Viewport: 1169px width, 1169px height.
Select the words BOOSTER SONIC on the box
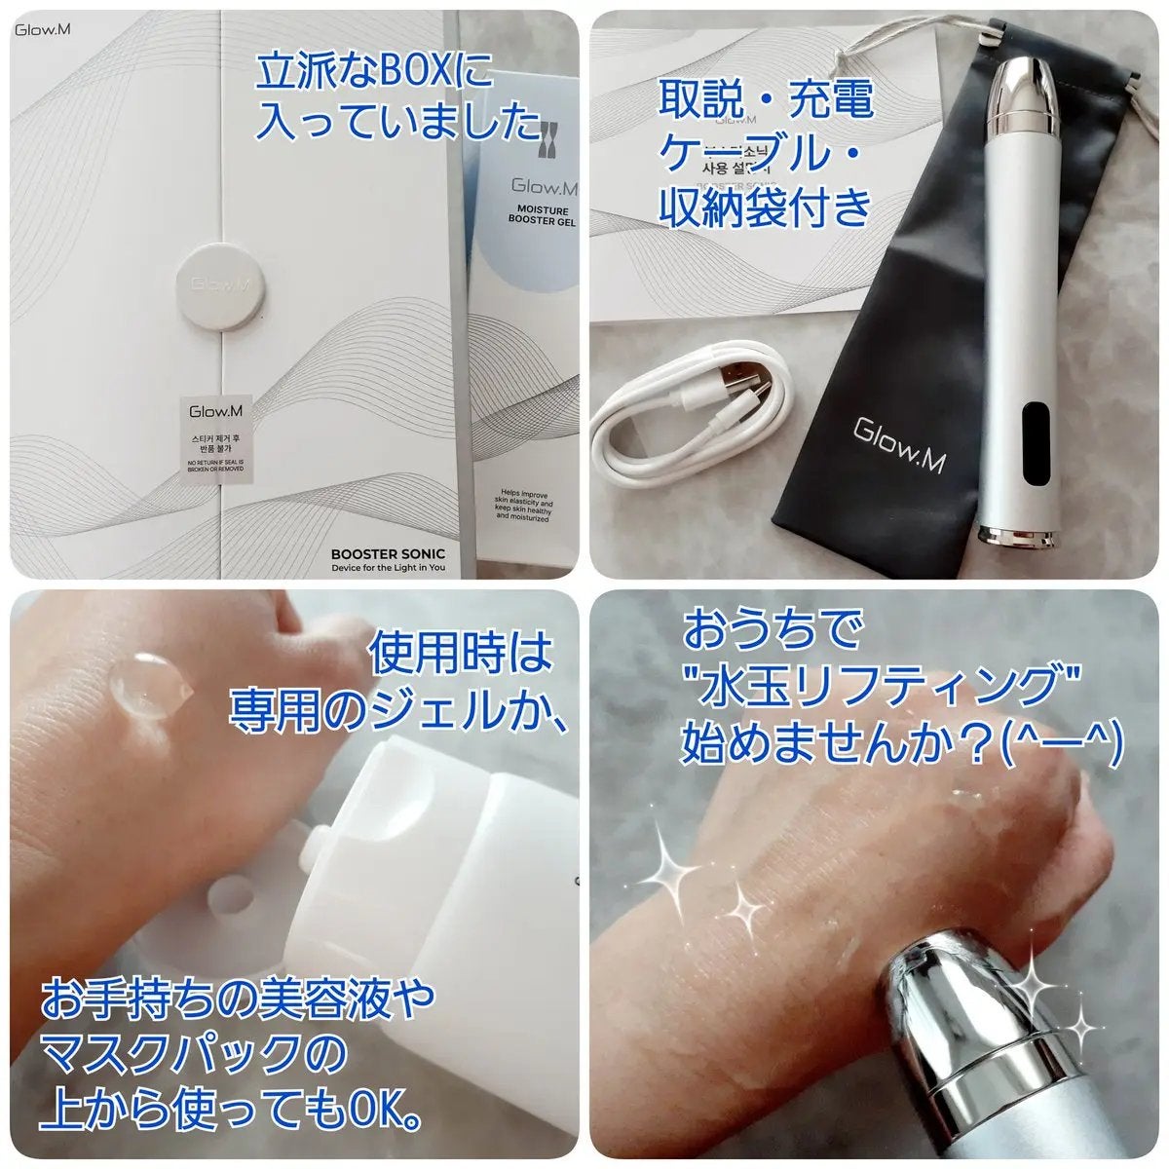[x=388, y=553]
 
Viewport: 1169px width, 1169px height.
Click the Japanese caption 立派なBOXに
[x=375, y=73]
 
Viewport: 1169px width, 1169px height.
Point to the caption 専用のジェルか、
[x=399, y=710]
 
